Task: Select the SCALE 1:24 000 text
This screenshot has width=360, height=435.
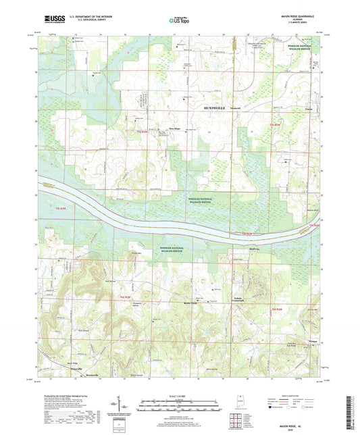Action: point(180,396)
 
